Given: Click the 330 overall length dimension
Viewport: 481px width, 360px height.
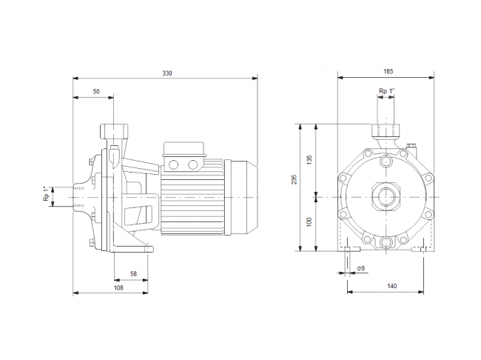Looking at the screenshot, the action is (x=167, y=73).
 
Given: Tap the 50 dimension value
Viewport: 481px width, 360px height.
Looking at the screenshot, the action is (x=96, y=92).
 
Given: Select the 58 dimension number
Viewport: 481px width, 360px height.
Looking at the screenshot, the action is (x=133, y=273).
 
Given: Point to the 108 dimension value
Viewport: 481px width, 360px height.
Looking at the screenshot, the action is (x=118, y=288).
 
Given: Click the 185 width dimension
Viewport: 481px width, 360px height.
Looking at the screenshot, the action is (x=388, y=72).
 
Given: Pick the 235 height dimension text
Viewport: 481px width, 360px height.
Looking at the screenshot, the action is (x=295, y=179).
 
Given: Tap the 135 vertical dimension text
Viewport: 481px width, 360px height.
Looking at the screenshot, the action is (x=309, y=160).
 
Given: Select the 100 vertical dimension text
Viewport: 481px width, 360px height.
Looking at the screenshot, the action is (x=309, y=222).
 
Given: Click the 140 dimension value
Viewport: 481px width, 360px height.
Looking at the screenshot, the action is (x=391, y=286).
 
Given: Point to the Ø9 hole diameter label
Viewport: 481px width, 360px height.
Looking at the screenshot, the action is (x=361, y=268).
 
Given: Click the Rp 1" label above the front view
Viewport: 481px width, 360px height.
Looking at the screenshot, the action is (x=387, y=91).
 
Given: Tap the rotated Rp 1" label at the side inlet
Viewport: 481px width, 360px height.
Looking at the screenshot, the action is (x=46, y=193).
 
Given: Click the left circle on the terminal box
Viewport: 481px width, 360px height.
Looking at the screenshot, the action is (x=174, y=165).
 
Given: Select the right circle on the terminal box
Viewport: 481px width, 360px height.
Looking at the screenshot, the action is (x=192, y=165).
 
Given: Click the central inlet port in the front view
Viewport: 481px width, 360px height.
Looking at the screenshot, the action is (x=386, y=197).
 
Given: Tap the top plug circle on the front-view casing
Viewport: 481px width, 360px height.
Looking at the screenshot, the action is (x=386, y=161).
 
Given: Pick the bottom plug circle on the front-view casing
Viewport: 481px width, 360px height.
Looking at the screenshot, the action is (x=386, y=241).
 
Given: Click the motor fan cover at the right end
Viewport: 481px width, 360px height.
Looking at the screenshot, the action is (x=240, y=197).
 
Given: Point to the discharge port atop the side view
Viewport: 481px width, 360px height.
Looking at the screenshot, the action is (x=114, y=130).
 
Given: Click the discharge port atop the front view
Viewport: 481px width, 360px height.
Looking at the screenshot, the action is (x=386, y=130).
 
